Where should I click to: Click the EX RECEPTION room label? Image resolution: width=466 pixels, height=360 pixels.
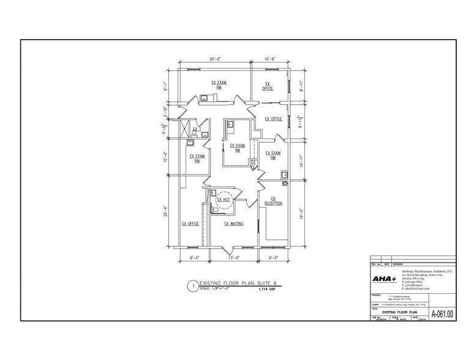click(x=274, y=201)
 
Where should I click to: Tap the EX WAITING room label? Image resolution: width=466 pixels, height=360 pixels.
click(x=234, y=224)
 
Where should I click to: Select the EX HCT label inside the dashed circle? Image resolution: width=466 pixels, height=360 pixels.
click(x=225, y=200)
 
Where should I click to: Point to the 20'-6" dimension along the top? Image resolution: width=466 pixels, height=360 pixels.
click(x=215, y=59)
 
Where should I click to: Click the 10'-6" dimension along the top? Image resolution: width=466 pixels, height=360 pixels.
click(x=270, y=59)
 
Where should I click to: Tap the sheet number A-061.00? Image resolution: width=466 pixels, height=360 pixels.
click(x=442, y=315)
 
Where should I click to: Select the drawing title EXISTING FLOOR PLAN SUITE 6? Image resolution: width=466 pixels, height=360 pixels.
click(x=234, y=284)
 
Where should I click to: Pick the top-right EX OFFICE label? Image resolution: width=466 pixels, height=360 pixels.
click(x=268, y=86)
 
